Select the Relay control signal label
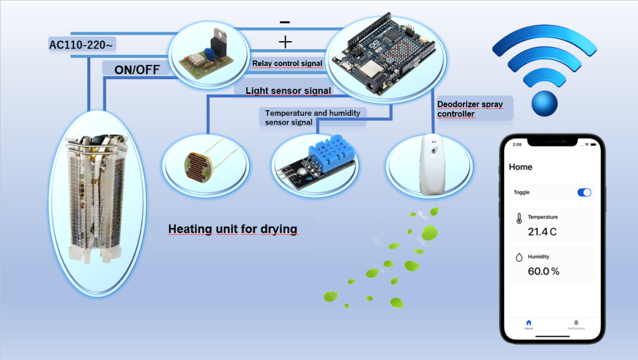click(x=287, y=64)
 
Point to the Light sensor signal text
click(x=288, y=91)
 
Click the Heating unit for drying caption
click(x=232, y=229)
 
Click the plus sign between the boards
click(x=285, y=42)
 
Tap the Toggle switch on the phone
click(x=584, y=192)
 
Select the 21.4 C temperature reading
click(x=542, y=232)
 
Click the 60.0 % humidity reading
click(x=543, y=272)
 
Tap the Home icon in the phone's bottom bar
click(x=528, y=323)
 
